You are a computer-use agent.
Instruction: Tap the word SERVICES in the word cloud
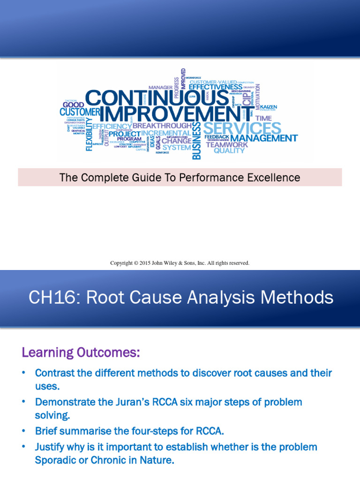point(242,128)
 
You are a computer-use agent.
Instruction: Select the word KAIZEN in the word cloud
point(269,107)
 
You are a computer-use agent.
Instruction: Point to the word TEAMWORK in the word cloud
point(226,144)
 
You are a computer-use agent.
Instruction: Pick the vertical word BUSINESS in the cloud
point(197,141)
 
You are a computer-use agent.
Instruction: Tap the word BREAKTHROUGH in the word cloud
point(162,126)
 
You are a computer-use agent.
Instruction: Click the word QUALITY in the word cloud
point(229,151)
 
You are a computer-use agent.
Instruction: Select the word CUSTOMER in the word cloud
point(80,112)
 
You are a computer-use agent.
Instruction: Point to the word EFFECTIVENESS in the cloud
point(216,87)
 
